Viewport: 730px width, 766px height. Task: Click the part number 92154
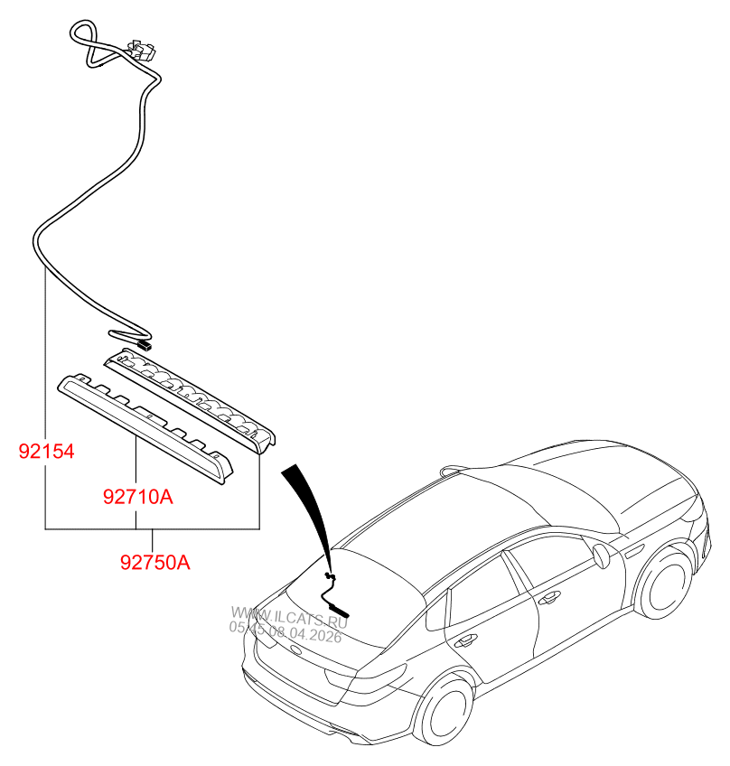[x=47, y=451]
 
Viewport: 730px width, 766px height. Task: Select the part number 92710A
[x=136, y=496]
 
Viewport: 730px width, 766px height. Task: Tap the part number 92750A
[x=154, y=562]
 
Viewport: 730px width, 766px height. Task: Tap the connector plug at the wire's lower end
[x=144, y=344]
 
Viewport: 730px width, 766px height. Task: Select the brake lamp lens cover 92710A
[x=145, y=425]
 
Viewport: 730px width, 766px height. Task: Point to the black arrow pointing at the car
[x=307, y=506]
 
